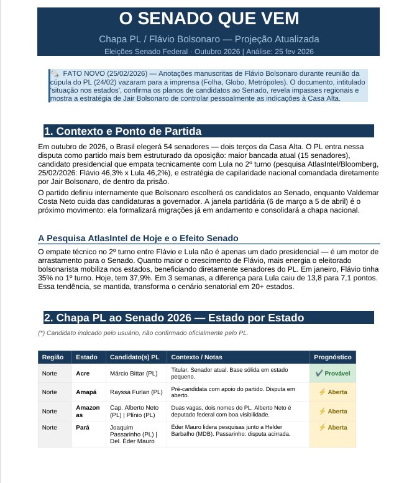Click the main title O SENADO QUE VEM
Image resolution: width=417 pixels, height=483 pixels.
(208, 19)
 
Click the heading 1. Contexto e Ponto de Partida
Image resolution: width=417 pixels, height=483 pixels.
(122, 131)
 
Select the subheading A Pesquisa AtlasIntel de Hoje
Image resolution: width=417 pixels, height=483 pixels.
(138, 238)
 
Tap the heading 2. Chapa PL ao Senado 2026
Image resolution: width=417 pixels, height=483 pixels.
(174, 318)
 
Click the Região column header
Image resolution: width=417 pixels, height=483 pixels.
(52, 357)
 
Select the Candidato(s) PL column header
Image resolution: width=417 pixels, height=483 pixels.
(134, 357)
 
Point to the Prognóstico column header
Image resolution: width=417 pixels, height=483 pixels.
(333, 357)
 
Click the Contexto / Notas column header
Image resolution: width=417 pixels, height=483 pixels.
(196, 357)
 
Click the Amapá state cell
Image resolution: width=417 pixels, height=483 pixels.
(86, 392)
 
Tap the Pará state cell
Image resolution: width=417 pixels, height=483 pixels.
(83, 428)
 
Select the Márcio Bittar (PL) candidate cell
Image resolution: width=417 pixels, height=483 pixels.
(134, 374)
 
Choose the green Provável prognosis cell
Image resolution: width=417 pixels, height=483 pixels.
(332, 374)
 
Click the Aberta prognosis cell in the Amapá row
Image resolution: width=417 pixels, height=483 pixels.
(332, 392)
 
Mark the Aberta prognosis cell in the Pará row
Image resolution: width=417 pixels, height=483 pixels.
(332, 428)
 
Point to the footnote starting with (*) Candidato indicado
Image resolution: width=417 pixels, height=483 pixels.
(142, 333)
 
